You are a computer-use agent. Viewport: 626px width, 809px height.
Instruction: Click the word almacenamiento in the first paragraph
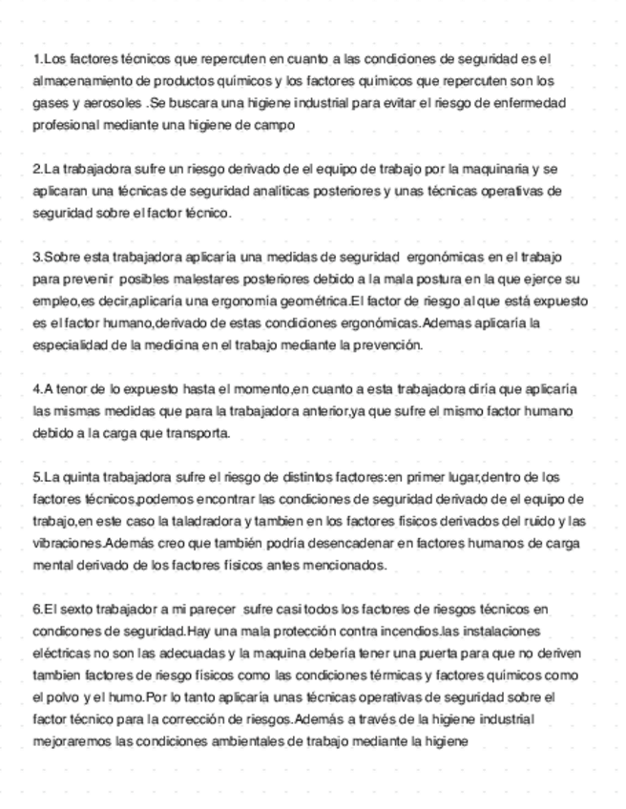79,81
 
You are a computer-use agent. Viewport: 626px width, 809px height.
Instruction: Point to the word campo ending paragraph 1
277,124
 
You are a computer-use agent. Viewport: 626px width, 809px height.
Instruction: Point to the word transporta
197,433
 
